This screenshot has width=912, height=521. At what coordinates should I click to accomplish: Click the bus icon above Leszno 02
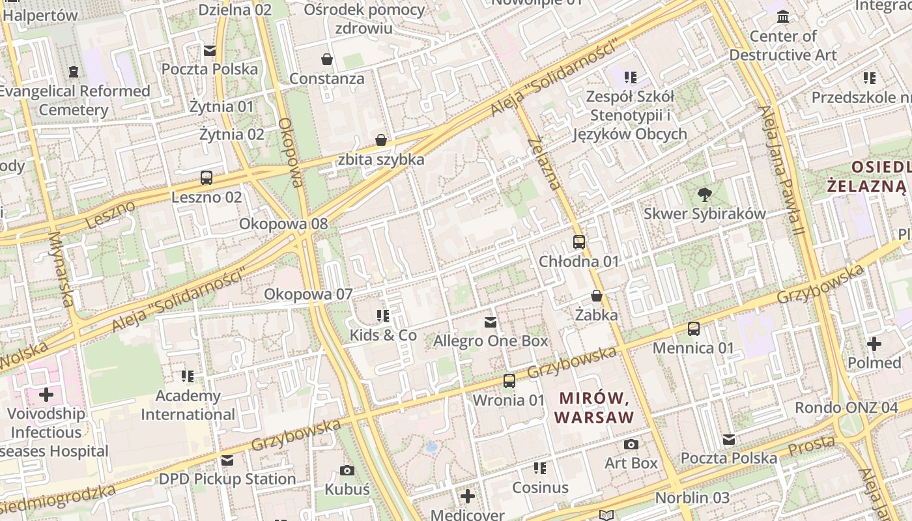(x=207, y=177)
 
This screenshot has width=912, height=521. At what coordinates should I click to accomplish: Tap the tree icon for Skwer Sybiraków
(x=704, y=193)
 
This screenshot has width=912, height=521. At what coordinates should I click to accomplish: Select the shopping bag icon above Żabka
(x=596, y=296)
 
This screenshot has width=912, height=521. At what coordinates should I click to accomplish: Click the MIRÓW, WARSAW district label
(x=594, y=407)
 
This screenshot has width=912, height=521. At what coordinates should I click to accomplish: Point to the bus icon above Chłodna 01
(x=579, y=242)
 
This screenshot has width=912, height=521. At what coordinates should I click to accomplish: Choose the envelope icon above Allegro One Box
(x=491, y=322)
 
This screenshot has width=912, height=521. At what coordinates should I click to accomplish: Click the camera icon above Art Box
(x=631, y=444)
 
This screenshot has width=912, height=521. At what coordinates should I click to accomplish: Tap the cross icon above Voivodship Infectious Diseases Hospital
(x=46, y=394)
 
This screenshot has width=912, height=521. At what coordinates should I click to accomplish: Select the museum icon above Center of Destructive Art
(x=783, y=16)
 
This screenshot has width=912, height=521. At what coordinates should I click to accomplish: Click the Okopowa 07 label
(x=308, y=294)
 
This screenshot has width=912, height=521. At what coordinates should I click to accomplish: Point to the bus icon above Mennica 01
(x=694, y=328)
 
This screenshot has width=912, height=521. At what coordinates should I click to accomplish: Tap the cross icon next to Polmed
(x=874, y=343)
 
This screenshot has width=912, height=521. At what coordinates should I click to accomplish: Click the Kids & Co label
(x=383, y=335)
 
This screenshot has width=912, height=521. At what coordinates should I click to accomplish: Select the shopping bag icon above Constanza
(x=327, y=60)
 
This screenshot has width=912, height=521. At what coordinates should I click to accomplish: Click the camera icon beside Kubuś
(x=347, y=470)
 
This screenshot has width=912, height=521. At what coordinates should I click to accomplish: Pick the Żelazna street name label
(x=544, y=163)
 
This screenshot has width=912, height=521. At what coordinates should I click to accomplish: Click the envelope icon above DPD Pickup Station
(x=227, y=460)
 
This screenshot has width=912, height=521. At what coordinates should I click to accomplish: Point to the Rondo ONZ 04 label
(x=846, y=408)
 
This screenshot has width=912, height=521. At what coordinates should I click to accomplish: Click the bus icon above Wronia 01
(x=509, y=380)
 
